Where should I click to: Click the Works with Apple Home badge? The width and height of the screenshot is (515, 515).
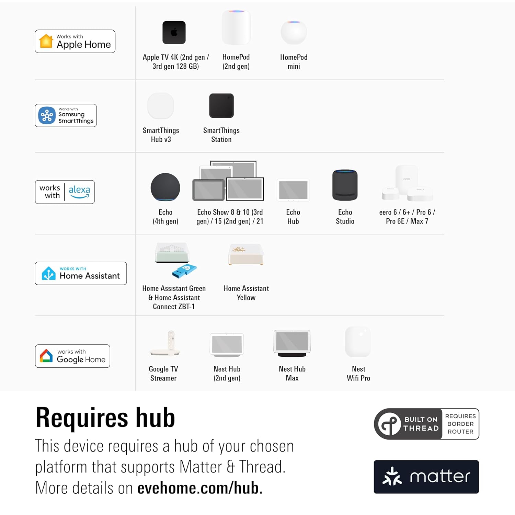pos(75,41)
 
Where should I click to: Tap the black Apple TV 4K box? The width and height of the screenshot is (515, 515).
pos(174,33)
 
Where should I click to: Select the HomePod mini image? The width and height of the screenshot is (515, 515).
pos(294,32)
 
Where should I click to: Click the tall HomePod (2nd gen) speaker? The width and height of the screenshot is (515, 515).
pos(236,27)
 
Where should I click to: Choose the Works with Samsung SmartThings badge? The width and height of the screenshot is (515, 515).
pos(66,115)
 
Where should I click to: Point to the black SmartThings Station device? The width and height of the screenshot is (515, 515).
pos(221,106)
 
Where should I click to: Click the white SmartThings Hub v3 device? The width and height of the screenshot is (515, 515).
pos(161,106)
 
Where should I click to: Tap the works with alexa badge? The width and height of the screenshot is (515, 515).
pos(65,192)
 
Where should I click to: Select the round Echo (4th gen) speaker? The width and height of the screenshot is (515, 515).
pos(165,187)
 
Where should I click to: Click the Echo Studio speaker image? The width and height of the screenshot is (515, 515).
pos(345,185)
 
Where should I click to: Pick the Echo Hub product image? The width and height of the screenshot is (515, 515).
pos(293,190)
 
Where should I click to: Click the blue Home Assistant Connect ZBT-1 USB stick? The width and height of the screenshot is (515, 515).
pos(184,271)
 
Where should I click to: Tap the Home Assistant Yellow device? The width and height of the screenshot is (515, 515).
pos(246,254)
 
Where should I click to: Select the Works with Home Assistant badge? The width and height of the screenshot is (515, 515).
pos(81,273)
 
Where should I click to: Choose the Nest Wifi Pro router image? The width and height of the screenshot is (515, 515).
pos(358,342)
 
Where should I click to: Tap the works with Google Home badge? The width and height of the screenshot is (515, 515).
pos(72,356)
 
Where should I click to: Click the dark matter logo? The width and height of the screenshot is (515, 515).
pos(426,477)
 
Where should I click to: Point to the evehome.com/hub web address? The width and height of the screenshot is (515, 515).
pos(200,488)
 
